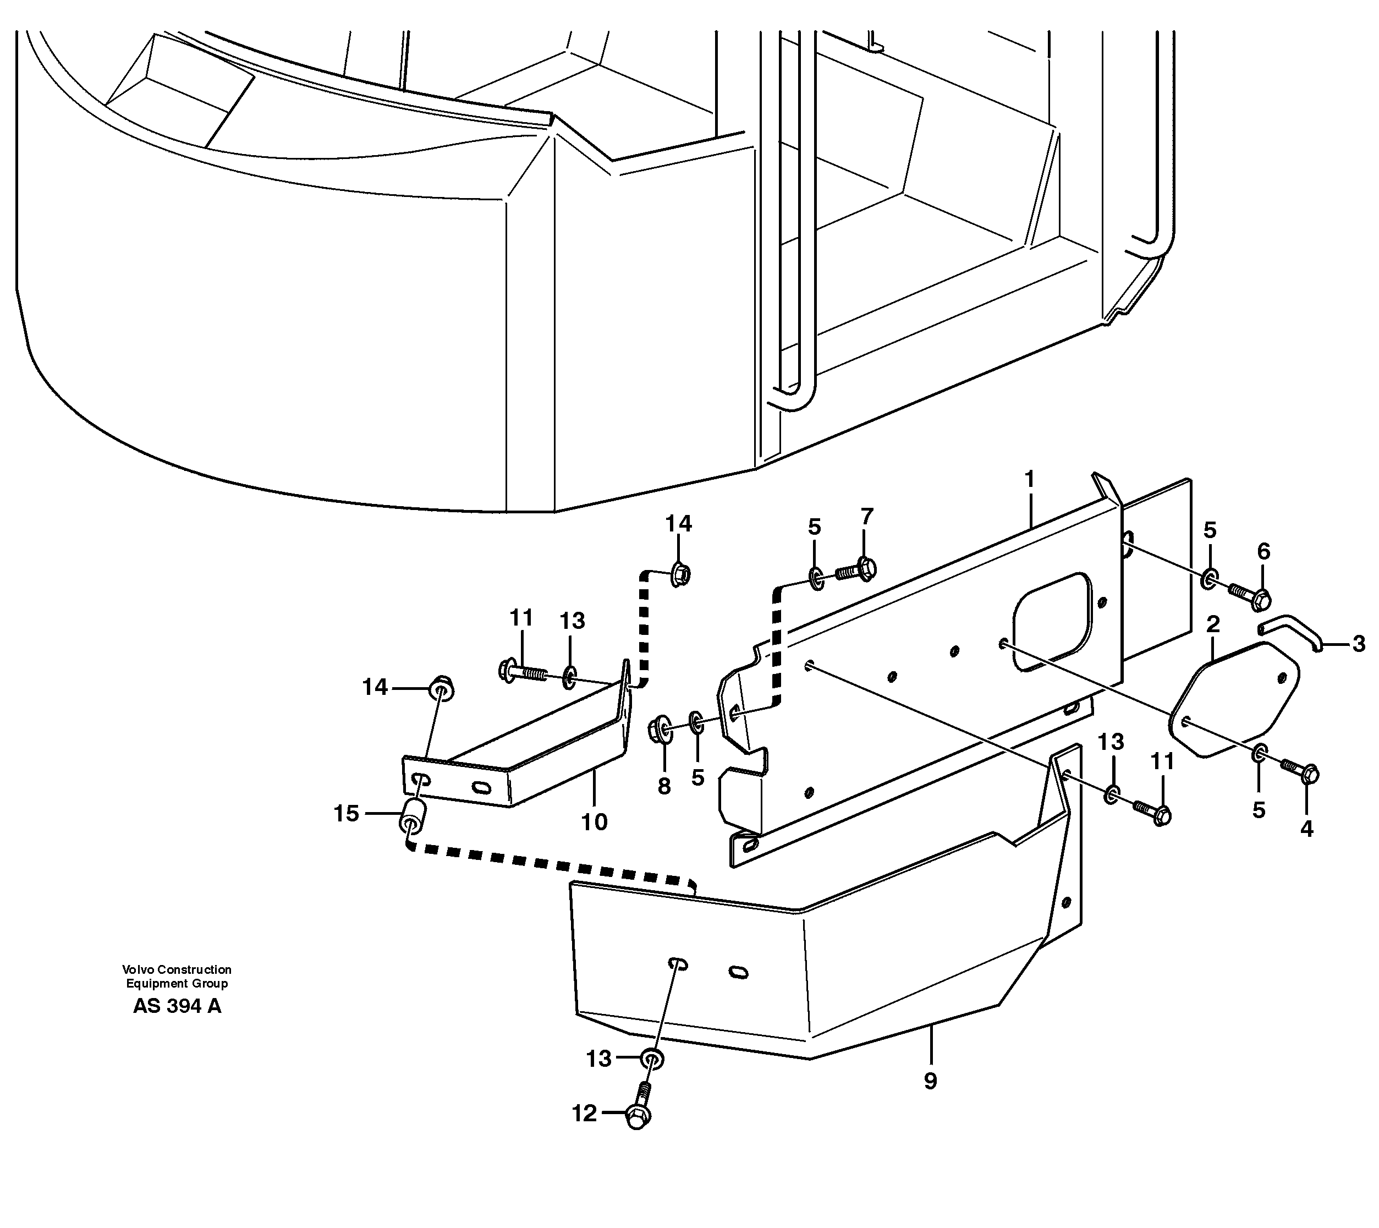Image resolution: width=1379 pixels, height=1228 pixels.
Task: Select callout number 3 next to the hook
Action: [1359, 644]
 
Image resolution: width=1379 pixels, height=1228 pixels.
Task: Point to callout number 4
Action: [1307, 829]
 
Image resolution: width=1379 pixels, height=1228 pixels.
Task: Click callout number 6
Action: [1263, 551]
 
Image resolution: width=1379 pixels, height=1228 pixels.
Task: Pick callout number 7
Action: [867, 516]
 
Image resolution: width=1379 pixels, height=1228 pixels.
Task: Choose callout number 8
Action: [664, 786]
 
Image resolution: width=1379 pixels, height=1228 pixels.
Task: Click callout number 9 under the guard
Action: [930, 1081]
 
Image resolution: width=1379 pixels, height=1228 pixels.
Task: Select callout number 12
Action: [584, 1114]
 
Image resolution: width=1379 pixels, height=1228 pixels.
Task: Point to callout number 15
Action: [346, 814]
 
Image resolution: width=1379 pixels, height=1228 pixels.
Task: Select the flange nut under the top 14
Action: [680, 575]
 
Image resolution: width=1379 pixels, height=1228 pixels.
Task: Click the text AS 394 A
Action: [177, 1006]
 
